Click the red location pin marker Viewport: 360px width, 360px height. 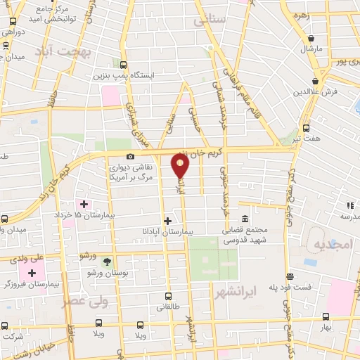click(181, 166)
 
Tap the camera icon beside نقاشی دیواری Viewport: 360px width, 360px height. click(129, 156)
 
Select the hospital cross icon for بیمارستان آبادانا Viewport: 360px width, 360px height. click(167, 220)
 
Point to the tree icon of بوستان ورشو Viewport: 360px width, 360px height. click(106, 262)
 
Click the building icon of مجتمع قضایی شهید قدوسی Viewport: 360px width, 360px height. click(244, 219)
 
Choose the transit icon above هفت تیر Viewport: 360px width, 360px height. click(305, 128)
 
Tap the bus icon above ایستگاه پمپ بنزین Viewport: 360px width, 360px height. click(124, 63)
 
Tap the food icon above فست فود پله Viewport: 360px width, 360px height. click(290, 277)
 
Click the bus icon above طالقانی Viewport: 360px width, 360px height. click(167, 296)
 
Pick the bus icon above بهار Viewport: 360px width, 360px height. click(325, 318)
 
